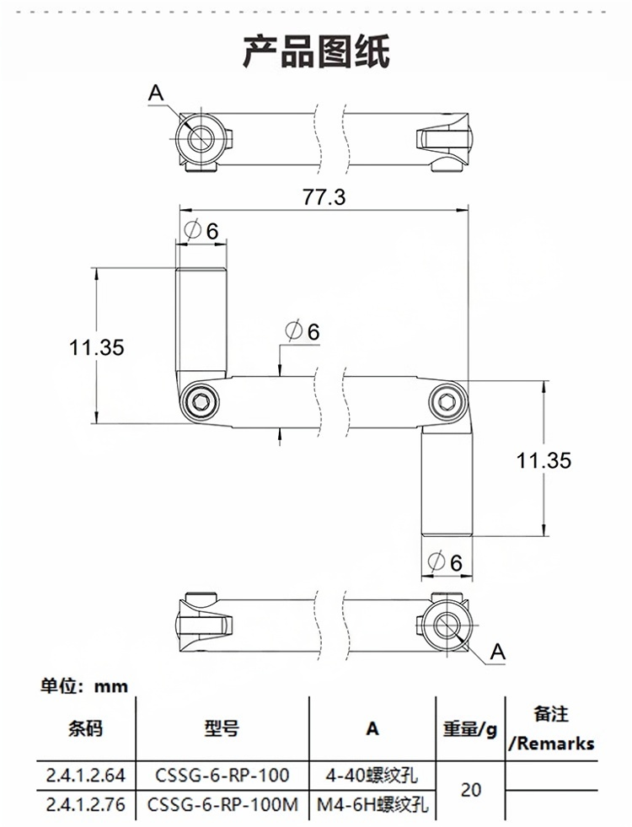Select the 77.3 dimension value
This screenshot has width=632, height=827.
point(324,197)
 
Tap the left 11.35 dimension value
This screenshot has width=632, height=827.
point(97,346)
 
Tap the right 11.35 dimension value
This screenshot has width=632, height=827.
point(544,460)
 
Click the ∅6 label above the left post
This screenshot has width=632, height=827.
point(201,230)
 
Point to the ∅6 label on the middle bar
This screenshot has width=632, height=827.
point(303,331)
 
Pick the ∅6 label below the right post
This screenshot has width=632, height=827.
point(446,562)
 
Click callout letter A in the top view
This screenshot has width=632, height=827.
point(156,94)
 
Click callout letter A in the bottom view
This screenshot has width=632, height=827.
point(497,651)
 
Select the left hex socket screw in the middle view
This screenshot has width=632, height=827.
point(201,401)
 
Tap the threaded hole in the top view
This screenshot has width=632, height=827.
point(201,138)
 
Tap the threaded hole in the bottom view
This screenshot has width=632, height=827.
point(446,625)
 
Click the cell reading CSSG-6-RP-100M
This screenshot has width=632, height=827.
point(223,805)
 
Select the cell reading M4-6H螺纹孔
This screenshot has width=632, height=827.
point(372,806)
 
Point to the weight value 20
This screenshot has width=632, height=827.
point(472,790)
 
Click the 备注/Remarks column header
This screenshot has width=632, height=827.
point(552,728)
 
